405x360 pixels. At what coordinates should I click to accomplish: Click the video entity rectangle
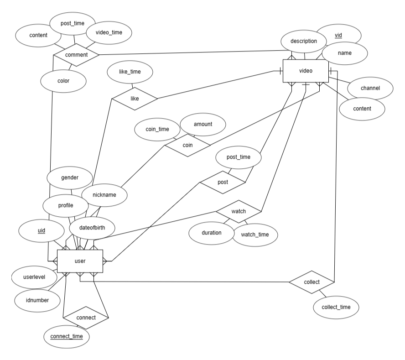click(305, 71)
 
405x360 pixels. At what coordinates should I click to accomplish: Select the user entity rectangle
click(80, 261)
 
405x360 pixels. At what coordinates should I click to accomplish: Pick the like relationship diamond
click(135, 98)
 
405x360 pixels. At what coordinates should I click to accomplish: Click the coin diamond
click(187, 146)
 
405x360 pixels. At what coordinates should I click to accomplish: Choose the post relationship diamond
click(223, 182)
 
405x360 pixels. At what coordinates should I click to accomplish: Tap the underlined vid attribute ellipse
click(338, 35)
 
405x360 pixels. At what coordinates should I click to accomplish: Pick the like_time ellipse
click(130, 72)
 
